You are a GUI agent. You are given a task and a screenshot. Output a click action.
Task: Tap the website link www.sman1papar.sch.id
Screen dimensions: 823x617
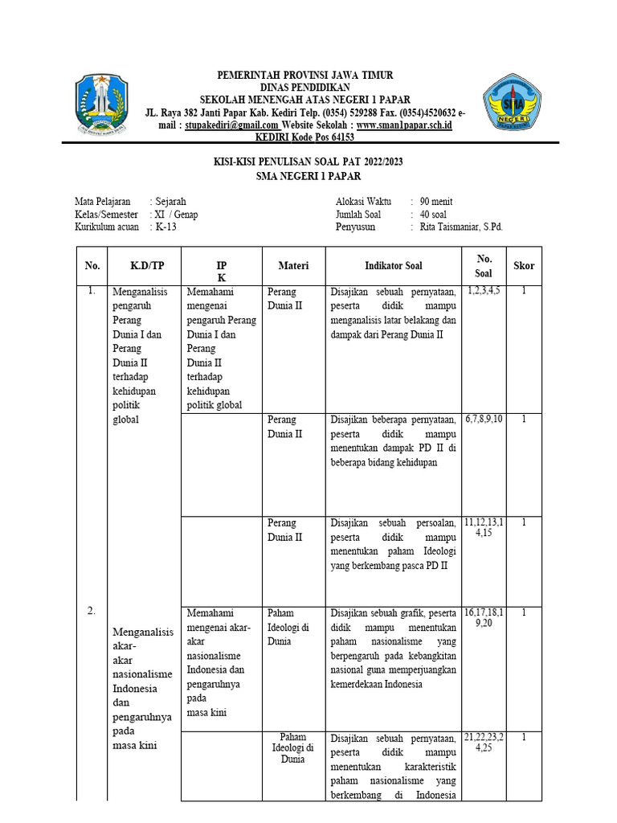coord(404,125)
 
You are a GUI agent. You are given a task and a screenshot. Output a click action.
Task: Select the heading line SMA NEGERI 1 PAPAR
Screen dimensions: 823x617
coord(308,176)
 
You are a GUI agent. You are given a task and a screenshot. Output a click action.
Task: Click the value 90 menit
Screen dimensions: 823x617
coord(436,202)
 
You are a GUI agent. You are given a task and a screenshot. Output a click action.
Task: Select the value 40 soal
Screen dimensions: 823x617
coord(433,215)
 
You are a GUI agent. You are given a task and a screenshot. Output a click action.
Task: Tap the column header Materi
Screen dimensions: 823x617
coord(293,265)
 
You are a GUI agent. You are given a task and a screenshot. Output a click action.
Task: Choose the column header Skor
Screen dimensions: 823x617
coord(524,265)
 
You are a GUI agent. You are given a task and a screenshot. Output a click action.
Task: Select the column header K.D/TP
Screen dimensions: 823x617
coord(146,265)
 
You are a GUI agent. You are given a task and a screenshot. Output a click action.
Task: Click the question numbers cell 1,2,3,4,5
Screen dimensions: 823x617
coord(484,291)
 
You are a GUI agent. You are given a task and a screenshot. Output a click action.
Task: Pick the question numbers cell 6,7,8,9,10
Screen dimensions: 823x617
coord(484,420)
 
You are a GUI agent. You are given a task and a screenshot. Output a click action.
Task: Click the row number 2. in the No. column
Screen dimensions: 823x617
coord(92,611)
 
